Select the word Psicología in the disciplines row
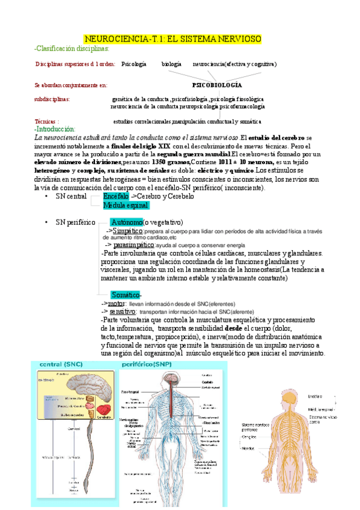click(x=133, y=64)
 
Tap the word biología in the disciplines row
click(x=171, y=64)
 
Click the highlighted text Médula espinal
click(x=126, y=205)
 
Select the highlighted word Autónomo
click(x=126, y=223)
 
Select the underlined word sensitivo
click(x=121, y=312)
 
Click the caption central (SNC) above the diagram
click(x=61, y=365)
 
